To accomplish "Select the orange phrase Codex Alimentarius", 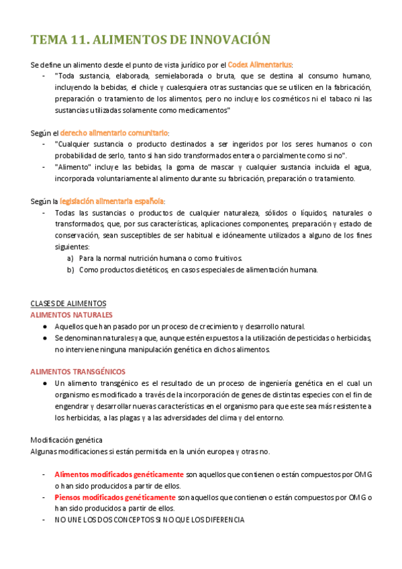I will tap(260, 64).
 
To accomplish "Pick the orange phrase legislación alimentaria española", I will tap(111, 201).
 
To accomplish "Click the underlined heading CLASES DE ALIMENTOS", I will tap(68, 303).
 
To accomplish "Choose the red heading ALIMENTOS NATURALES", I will tap(72, 315).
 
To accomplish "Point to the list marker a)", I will tap(70, 258).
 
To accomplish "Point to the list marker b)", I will tap(70, 270).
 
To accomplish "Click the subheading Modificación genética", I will tap(66, 439).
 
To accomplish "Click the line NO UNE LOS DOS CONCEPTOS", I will tap(150, 520).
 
